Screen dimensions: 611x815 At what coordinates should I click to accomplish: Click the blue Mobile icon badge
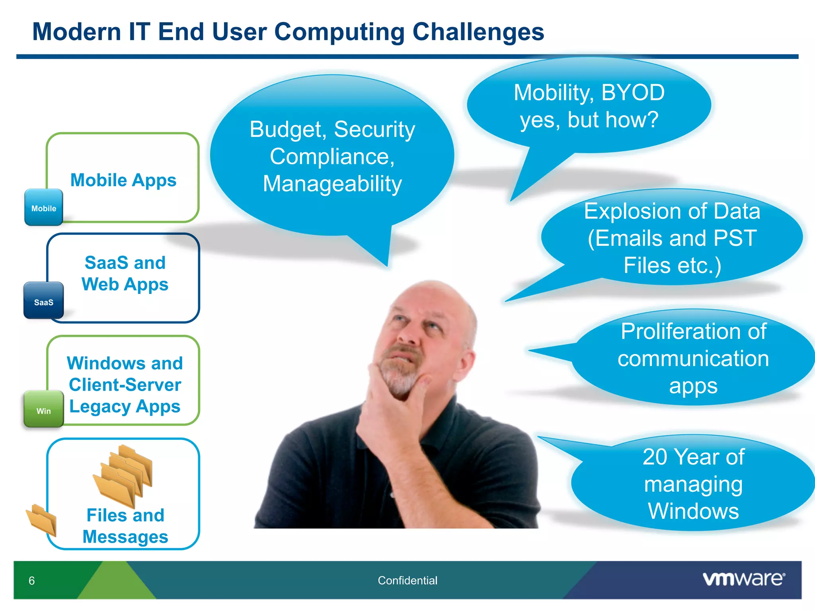point(43,207)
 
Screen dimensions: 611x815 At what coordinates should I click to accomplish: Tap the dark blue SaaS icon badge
point(43,301)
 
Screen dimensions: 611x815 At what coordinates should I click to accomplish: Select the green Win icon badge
point(43,410)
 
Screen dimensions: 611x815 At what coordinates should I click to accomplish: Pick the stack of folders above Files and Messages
point(123,475)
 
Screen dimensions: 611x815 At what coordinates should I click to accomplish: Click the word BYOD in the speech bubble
point(633,93)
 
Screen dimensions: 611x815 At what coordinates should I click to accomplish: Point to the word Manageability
point(332,184)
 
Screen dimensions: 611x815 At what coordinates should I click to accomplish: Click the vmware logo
point(743,579)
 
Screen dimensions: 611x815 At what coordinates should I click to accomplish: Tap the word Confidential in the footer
point(407,580)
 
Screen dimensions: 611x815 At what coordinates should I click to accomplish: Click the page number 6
point(32,581)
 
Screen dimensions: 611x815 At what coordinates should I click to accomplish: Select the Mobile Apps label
point(123,180)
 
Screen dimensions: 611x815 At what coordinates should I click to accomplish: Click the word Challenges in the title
point(478,32)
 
